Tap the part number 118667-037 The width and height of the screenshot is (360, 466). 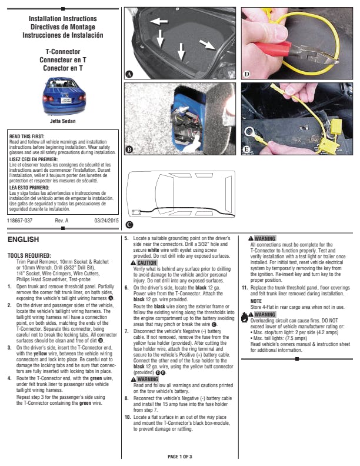click(x=19, y=220)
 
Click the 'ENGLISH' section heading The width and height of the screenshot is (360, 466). click(x=23, y=240)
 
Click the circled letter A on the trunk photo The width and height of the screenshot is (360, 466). click(x=129, y=74)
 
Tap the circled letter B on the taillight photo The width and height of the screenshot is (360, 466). click(x=129, y=150)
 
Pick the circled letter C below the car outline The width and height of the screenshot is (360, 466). click(x=129, y=225)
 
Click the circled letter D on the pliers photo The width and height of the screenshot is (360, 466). click(x=246, y=74)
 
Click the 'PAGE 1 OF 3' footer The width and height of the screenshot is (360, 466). click(x=180, y=457)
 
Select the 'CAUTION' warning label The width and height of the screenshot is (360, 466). click(x=144, y=263)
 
